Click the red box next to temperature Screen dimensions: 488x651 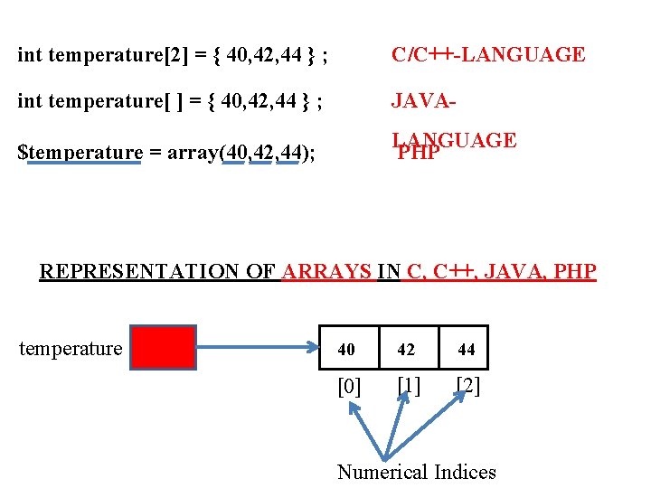point(163,348)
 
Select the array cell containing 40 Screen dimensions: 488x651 point(346,349)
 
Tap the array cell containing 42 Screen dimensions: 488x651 point(407,349)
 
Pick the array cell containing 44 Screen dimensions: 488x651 point(466,349)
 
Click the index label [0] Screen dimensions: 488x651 point(349,387)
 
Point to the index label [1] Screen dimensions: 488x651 point(408,386)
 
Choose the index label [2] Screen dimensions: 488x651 point(467,386)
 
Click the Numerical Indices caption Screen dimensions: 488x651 point(416,472)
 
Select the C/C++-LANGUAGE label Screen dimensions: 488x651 point(488,55)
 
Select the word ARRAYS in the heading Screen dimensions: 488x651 point(327,271)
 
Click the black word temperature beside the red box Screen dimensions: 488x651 point(71,348)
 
